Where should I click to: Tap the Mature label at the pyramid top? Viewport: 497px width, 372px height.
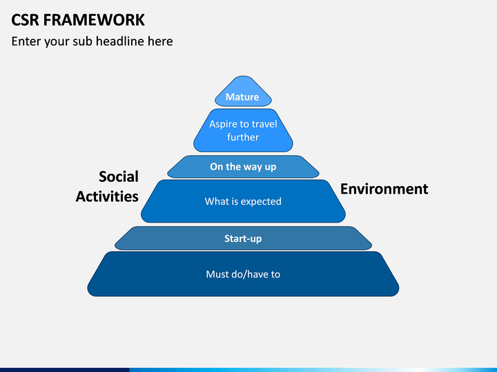242,97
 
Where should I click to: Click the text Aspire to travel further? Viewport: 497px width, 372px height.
243,131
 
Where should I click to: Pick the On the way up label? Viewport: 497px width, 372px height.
243,167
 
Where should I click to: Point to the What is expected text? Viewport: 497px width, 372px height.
243,202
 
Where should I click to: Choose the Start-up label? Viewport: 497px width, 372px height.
243,239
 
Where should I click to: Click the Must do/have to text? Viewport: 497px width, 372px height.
243,274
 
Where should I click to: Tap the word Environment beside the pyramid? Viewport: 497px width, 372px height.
384,189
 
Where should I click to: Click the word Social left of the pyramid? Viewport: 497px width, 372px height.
119,177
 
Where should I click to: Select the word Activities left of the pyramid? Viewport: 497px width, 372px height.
107,196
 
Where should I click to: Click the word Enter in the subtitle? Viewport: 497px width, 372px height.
27,41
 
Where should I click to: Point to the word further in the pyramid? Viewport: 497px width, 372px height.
243,137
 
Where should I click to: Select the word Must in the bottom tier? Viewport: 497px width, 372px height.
217,274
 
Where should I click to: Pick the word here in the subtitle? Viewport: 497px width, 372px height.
160,41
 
